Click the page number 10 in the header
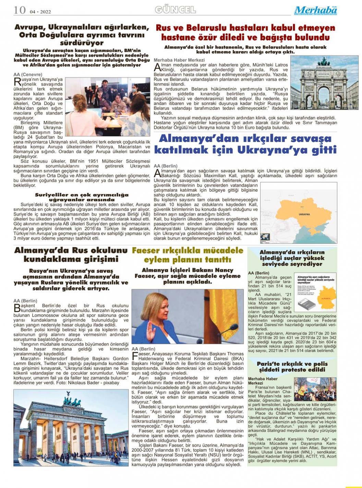(x=20, y=10)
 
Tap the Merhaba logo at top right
(x=315, y=10)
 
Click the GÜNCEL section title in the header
(x=175, y=10)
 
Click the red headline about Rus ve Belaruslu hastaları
(x=245, y=33)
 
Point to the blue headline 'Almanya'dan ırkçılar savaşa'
(x=245, y=144)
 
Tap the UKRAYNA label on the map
(x=304, y=214)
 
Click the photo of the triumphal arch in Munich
(x=324, y=82)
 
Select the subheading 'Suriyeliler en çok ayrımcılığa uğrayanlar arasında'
(x=82, y=197)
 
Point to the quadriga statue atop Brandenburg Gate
(x=72, y=399)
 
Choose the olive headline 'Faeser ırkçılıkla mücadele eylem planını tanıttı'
(x=188, y=255)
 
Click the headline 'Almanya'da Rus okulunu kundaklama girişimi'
(x=71, y=255)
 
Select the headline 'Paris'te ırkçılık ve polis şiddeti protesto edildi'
(x=292, y=367)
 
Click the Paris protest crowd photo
(x=315, y=390)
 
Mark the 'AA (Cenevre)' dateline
(x=28, y=74)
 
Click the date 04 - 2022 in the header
(x=40, y=12)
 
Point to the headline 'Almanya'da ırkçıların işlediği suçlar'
(x=292, y=258)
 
